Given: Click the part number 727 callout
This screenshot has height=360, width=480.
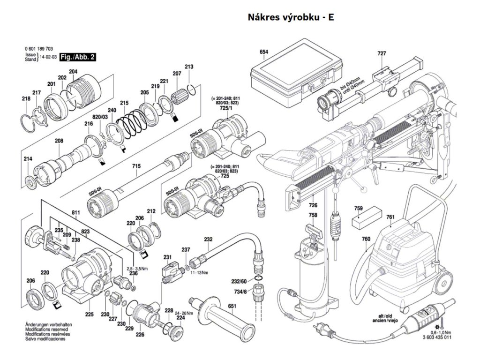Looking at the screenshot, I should [x=382, y=54].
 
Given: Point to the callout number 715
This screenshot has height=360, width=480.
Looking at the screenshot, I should [x=136, y=166].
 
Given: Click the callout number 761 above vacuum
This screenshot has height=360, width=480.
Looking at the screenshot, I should [x=390, y=217].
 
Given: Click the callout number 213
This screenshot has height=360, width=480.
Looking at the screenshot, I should [x=189, y=67].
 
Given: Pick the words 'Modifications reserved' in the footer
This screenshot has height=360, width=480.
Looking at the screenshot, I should [x=45, y=330].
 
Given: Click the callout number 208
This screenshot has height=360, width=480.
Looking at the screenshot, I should [x=59, y=141].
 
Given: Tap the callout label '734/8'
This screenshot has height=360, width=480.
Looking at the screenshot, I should [x=239, y=292].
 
